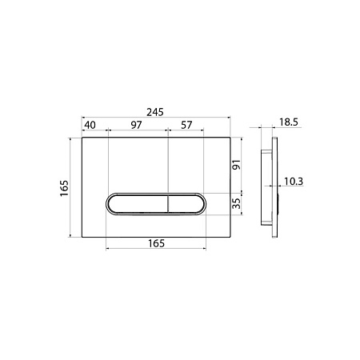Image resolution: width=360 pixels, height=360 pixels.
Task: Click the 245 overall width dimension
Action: pyautogui.click(x=155, y=112)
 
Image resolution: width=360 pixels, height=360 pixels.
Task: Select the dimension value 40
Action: pyautogui.click(x=90, y=125)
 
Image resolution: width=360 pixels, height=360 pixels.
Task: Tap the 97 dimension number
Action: pyautogui.click(x=136, y=125)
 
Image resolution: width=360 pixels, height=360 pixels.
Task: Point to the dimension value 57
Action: pyautogui.click(x=186, y=125)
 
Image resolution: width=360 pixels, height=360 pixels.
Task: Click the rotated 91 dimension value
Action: pyautogui.click(x=236, y=165)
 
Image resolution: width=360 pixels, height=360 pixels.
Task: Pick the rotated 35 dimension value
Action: pyautogui.click(x=236, y=203)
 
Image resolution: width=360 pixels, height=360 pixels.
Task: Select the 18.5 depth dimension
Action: pyautogui.click(x=289, y=122)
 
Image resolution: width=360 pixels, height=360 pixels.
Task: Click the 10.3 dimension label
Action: pyautogui.click(x=294, y=182)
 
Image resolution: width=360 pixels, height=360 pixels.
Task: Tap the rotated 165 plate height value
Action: pyautogui.click(x=64, y=188)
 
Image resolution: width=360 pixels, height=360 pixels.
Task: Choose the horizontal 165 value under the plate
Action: pyautogui.click(x=156, y=243)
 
